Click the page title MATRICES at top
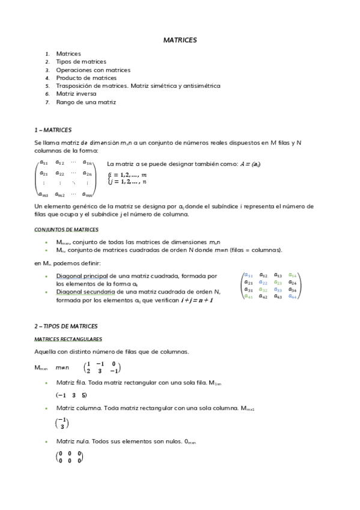(180, 40)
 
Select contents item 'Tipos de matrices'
(81, 62)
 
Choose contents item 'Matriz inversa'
(76, 94)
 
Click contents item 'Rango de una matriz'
(85, 103)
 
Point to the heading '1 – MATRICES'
(53, 130)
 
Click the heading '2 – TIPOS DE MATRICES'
(66, 327)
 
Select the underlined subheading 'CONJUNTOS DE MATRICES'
(66, 230)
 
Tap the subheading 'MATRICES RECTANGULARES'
(68, 339)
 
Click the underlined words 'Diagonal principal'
(80, 276)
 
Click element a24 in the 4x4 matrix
(292, 282)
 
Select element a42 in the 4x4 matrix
(263, 296)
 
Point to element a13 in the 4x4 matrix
(278, 275)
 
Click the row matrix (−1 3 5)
(71, 395)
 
